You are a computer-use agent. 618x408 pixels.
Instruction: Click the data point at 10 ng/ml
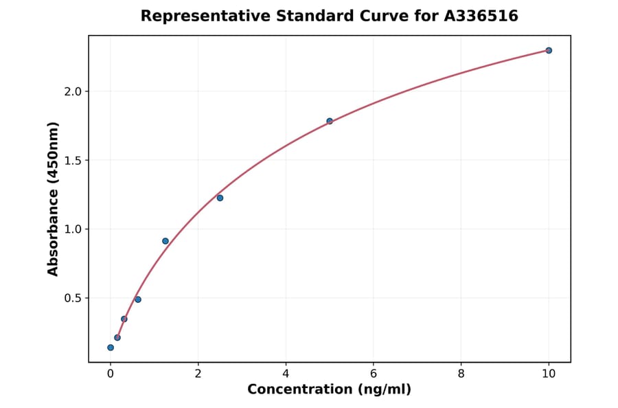tap(549, 50)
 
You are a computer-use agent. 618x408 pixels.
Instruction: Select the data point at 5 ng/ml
tap(330, 121)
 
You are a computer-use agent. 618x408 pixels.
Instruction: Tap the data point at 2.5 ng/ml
tap(220, 198)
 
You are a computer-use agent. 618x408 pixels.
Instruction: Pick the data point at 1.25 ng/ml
tap(165, 241)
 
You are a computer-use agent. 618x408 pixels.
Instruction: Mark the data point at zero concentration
tap(111, 348)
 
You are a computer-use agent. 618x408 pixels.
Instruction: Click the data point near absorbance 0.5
tap(138, 299)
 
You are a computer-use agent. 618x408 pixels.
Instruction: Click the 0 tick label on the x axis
tap(111, 374)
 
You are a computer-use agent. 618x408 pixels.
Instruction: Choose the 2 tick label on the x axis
tap(198, 374)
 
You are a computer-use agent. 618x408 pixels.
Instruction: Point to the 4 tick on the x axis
tap(286, 374)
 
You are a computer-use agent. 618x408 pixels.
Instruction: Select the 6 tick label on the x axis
tap(374, 374)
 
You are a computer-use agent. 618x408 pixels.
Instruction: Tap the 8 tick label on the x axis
tap(461, 374)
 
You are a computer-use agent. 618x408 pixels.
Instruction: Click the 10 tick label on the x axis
tap(549, 374)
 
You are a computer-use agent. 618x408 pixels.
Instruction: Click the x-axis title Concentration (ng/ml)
tap(329, 389)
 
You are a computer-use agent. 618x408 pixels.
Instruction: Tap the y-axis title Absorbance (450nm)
tap(54, 199)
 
